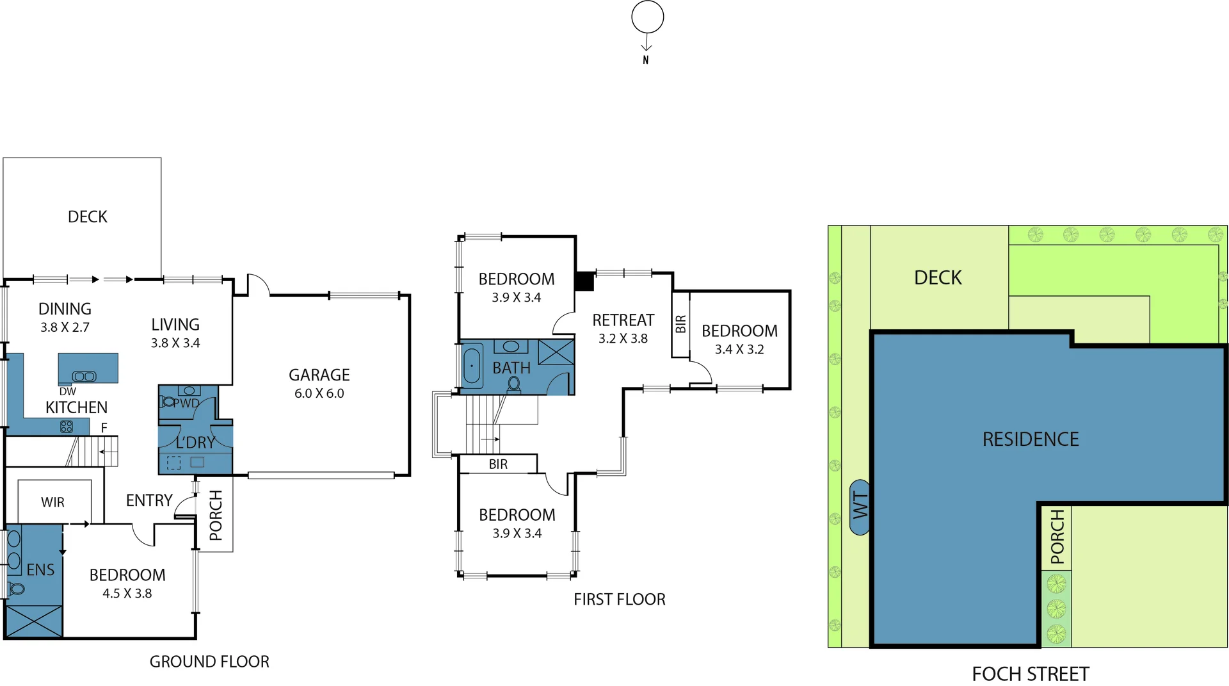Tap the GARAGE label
tap(319, 375)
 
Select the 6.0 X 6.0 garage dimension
tap(319, 393)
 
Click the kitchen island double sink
tap(84, 377)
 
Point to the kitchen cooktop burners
tap(67, 427)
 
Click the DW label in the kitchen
tap(67, 391)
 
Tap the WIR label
tap(52, 502)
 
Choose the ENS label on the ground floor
tap(40, 569)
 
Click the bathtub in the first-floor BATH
tap(472, 366)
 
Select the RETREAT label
tap(623, 320)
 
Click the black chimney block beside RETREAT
tap(584, 282)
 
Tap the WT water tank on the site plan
tap(860, 507)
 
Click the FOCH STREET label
tap(1031, 674)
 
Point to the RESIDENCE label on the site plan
tap(1031, 439)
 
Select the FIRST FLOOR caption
tap(620, 600)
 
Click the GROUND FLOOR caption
tap(209, 662)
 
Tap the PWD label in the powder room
tap(186, 404)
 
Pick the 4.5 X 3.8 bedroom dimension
tap(127, 593)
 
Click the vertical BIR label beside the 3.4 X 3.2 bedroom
tap(680, 324)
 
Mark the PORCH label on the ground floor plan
tap(216, 515)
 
